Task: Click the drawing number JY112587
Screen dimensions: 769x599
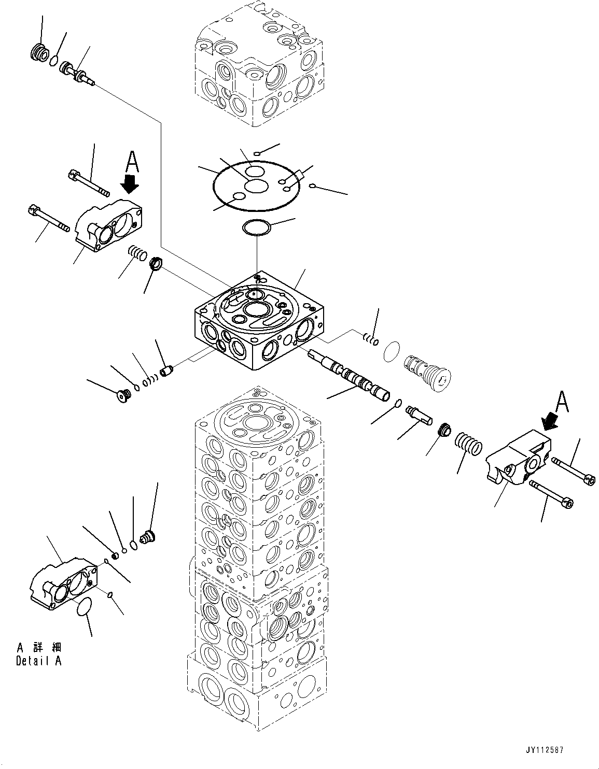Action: (544, 750)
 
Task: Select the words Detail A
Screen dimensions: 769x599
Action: (38, 662)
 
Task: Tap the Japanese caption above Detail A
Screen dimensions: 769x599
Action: (39, 648)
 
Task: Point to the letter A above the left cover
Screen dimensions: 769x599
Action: (132, 162)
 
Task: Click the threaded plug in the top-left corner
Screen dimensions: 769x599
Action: (38, 53)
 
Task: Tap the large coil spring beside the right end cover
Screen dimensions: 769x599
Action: (468, 444)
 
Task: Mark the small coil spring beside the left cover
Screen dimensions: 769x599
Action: (136, 253)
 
